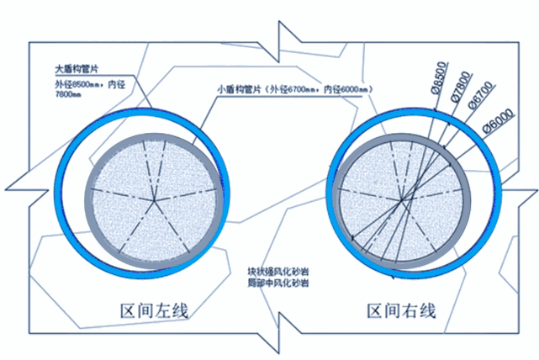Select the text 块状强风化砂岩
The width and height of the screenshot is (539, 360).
pos(277,272)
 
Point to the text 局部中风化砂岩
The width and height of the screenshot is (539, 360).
pos(277,283)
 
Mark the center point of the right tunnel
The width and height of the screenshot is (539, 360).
pos(404,199)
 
